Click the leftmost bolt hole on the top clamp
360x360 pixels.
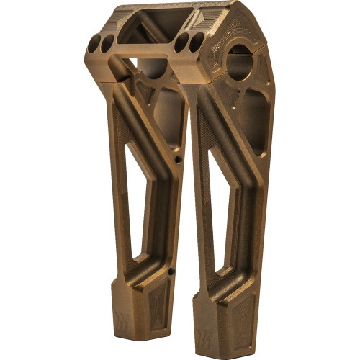[x=95, y=48]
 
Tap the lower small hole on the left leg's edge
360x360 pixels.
[x=170, y=271]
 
